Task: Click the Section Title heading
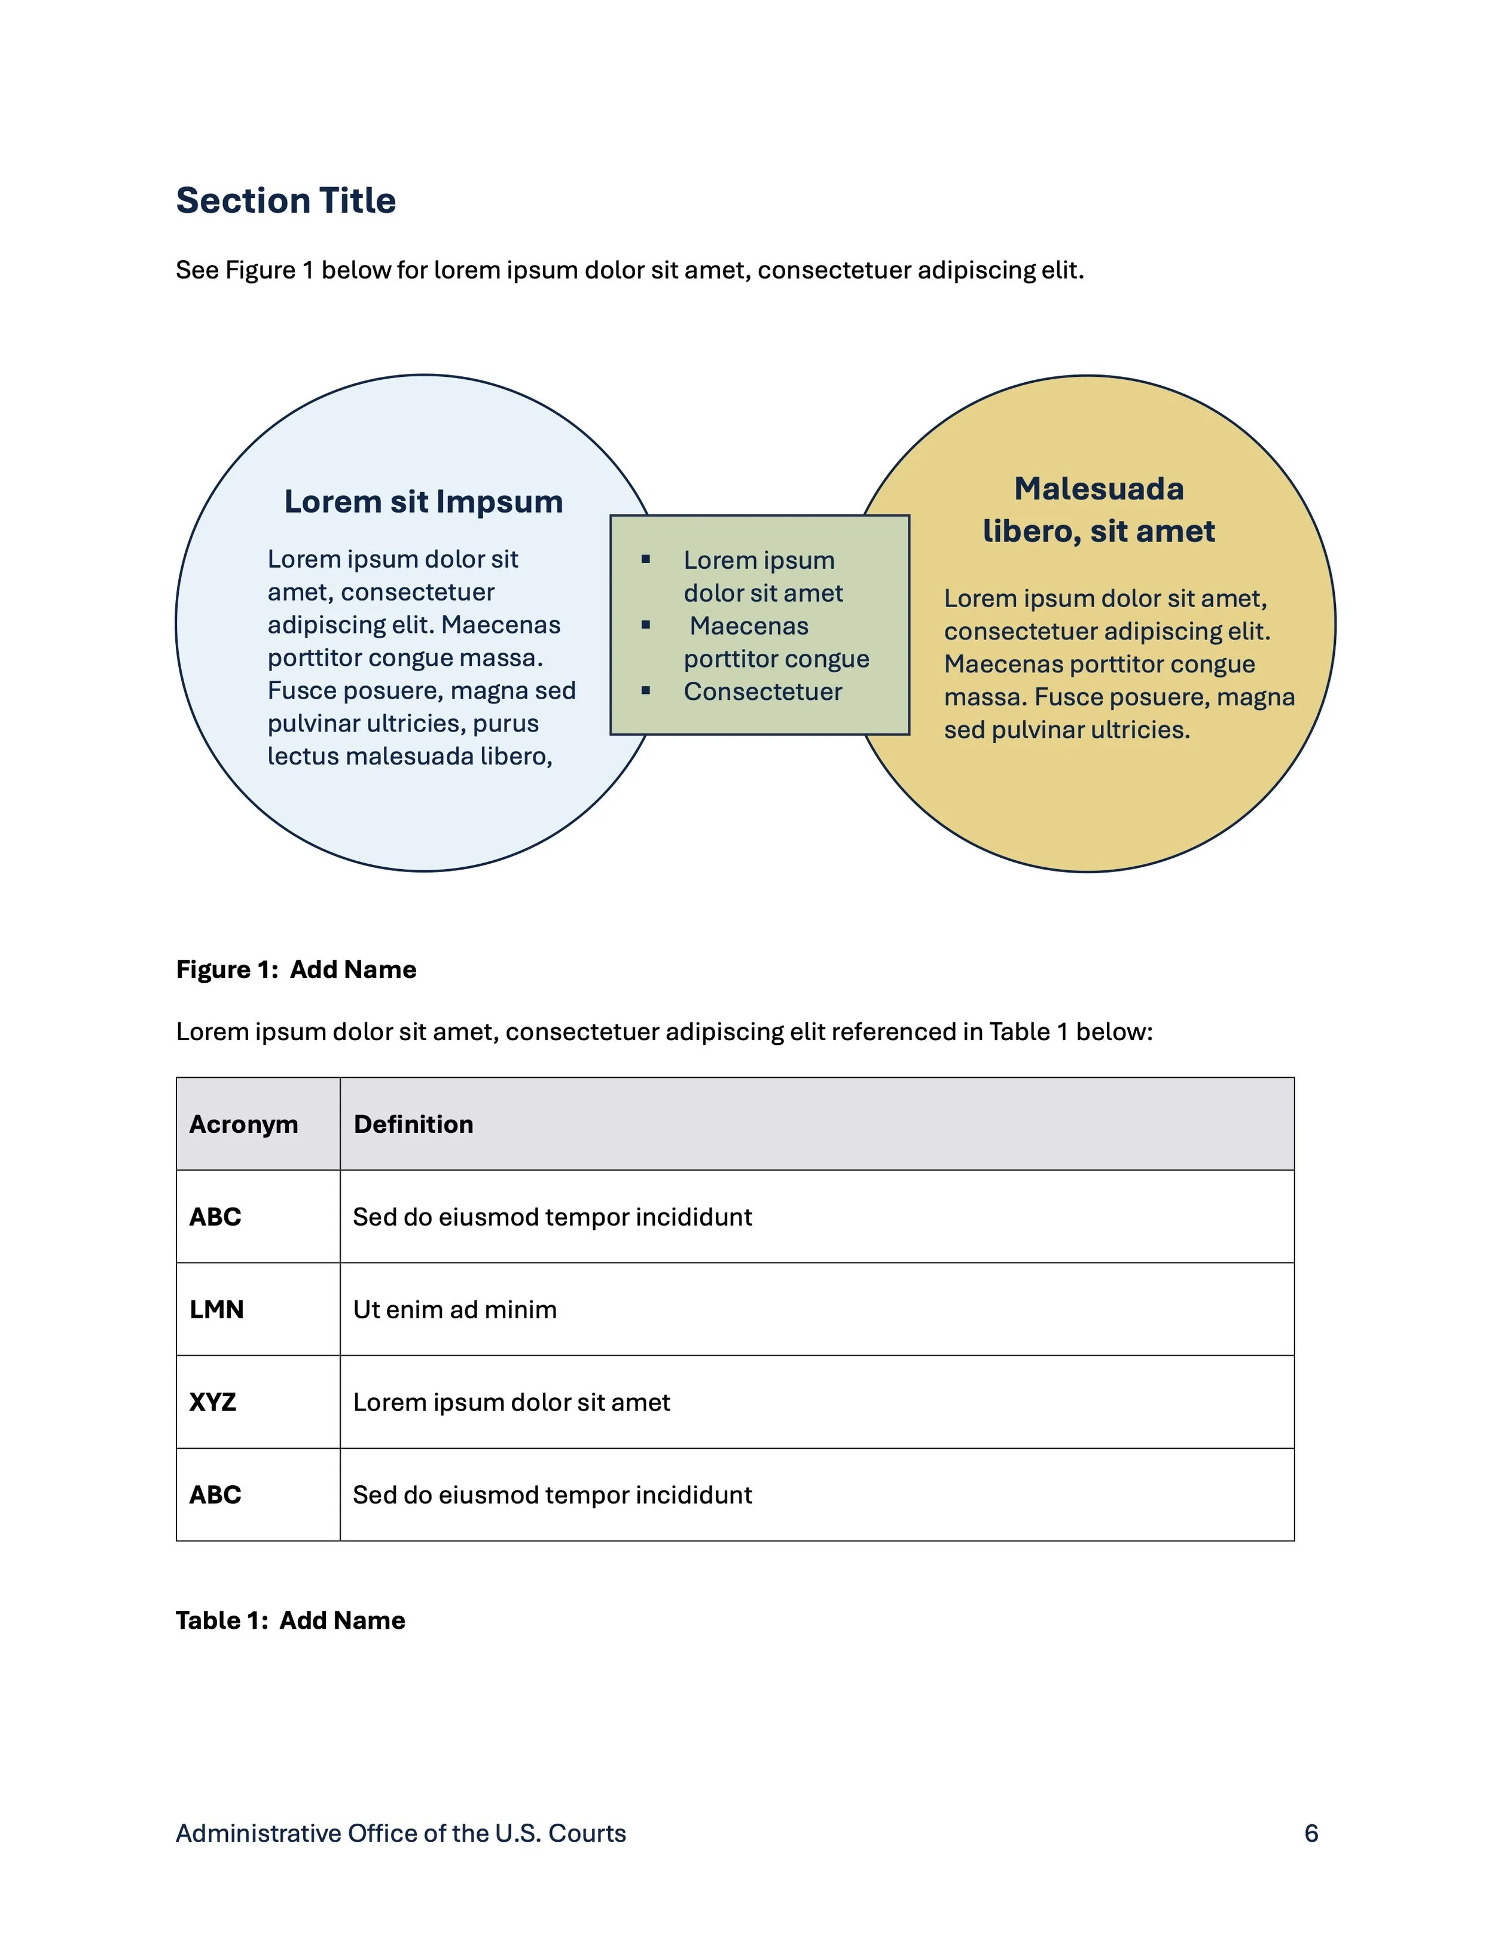pyautogui.click(x=285, y=200)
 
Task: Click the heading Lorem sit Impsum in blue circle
pyautogui.click(x=423, y=501)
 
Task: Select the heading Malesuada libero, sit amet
pyautogui.click(x=1098, y=510)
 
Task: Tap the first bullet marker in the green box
pyautogui.click(x=646, y=559)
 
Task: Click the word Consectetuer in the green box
pyautogui.click(x=762, y=691)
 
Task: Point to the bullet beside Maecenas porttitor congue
pyautogui.click(x=646, y=624)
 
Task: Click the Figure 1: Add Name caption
pyautogui.click(x=296, y=969)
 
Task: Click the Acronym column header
pyautogui.click(x=243, y=1125)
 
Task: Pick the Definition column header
pyautogui.click(x=414, y=1125)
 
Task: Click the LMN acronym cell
pyautogui.click(x=216, y=1309)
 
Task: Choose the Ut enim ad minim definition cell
pyautogui.click(x=455, y=1309)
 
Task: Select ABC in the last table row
pyautogui.click(x=215, y=1495)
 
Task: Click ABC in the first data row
pyautogui.click(x=215, y=1217)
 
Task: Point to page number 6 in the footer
pyautogui.click(x=1311, y=1833)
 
